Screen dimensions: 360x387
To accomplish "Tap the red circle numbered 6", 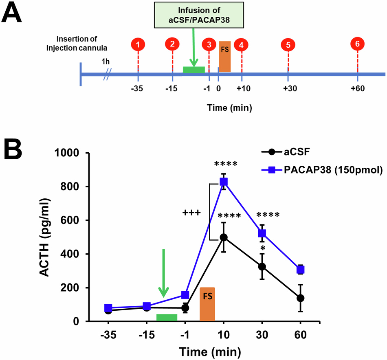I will click(357, 44).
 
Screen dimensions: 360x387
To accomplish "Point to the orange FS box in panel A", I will click(224, 56).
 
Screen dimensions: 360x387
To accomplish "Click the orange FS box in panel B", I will click(207, 304).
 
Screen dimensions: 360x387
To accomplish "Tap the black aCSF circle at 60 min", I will click(301, 298).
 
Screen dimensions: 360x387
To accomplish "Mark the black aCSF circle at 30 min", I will click(262, 267).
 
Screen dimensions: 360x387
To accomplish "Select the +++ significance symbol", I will click(191, 212).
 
